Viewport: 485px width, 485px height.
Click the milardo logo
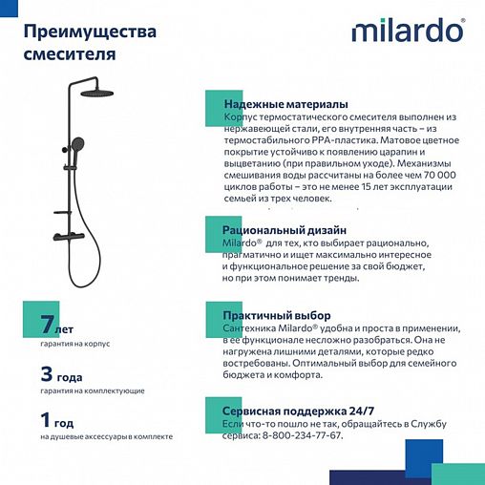point(408,31)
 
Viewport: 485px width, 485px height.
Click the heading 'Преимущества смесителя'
point(89,43)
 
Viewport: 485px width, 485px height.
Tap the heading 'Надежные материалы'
point(285,104)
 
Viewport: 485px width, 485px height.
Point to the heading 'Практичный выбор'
point(276,315)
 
